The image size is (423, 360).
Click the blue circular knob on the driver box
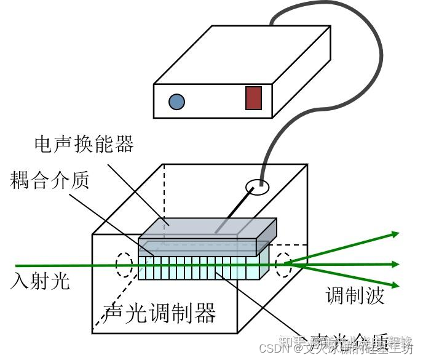(x=176, y=101)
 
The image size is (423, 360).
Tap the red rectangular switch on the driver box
(x=253, y=98)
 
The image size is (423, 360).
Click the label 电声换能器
(x=84, y=145)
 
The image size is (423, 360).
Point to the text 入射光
(x=41, y=281)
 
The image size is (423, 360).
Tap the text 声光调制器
(x=161, y=314)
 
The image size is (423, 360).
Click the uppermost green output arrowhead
(x=394, y=234)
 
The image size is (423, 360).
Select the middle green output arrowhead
(x=394, y=265)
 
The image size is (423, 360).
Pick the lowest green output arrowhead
(x=394, y=285)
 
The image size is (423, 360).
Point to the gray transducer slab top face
(x=209, y=228)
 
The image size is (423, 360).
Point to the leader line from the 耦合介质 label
(x=105, y=215)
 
